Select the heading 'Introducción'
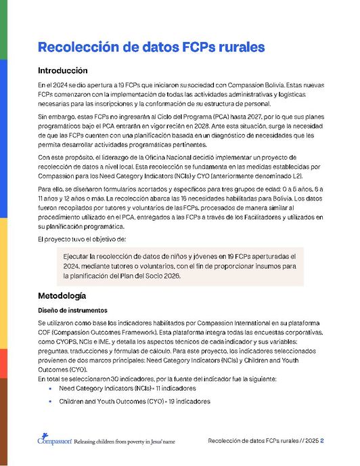pos(63,70)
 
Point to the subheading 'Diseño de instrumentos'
pos(72,310)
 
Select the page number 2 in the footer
pos(322,440)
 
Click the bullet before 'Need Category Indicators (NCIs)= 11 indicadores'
pos(51,389)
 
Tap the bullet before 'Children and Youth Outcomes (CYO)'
pos(51,402)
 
